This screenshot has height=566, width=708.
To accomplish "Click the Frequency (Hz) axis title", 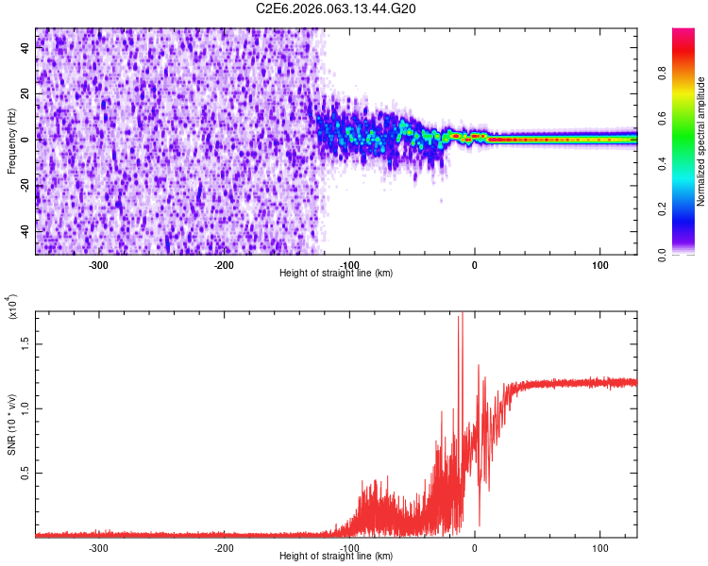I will [x=11, y=141].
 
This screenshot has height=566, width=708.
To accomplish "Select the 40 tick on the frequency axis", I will [x=26, y=48].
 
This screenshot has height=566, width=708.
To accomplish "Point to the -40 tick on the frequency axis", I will [x=26, y=231].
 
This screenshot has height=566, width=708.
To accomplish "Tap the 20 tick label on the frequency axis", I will [x=26, y=94].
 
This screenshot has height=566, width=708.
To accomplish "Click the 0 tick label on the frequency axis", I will [x=26, y=140].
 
